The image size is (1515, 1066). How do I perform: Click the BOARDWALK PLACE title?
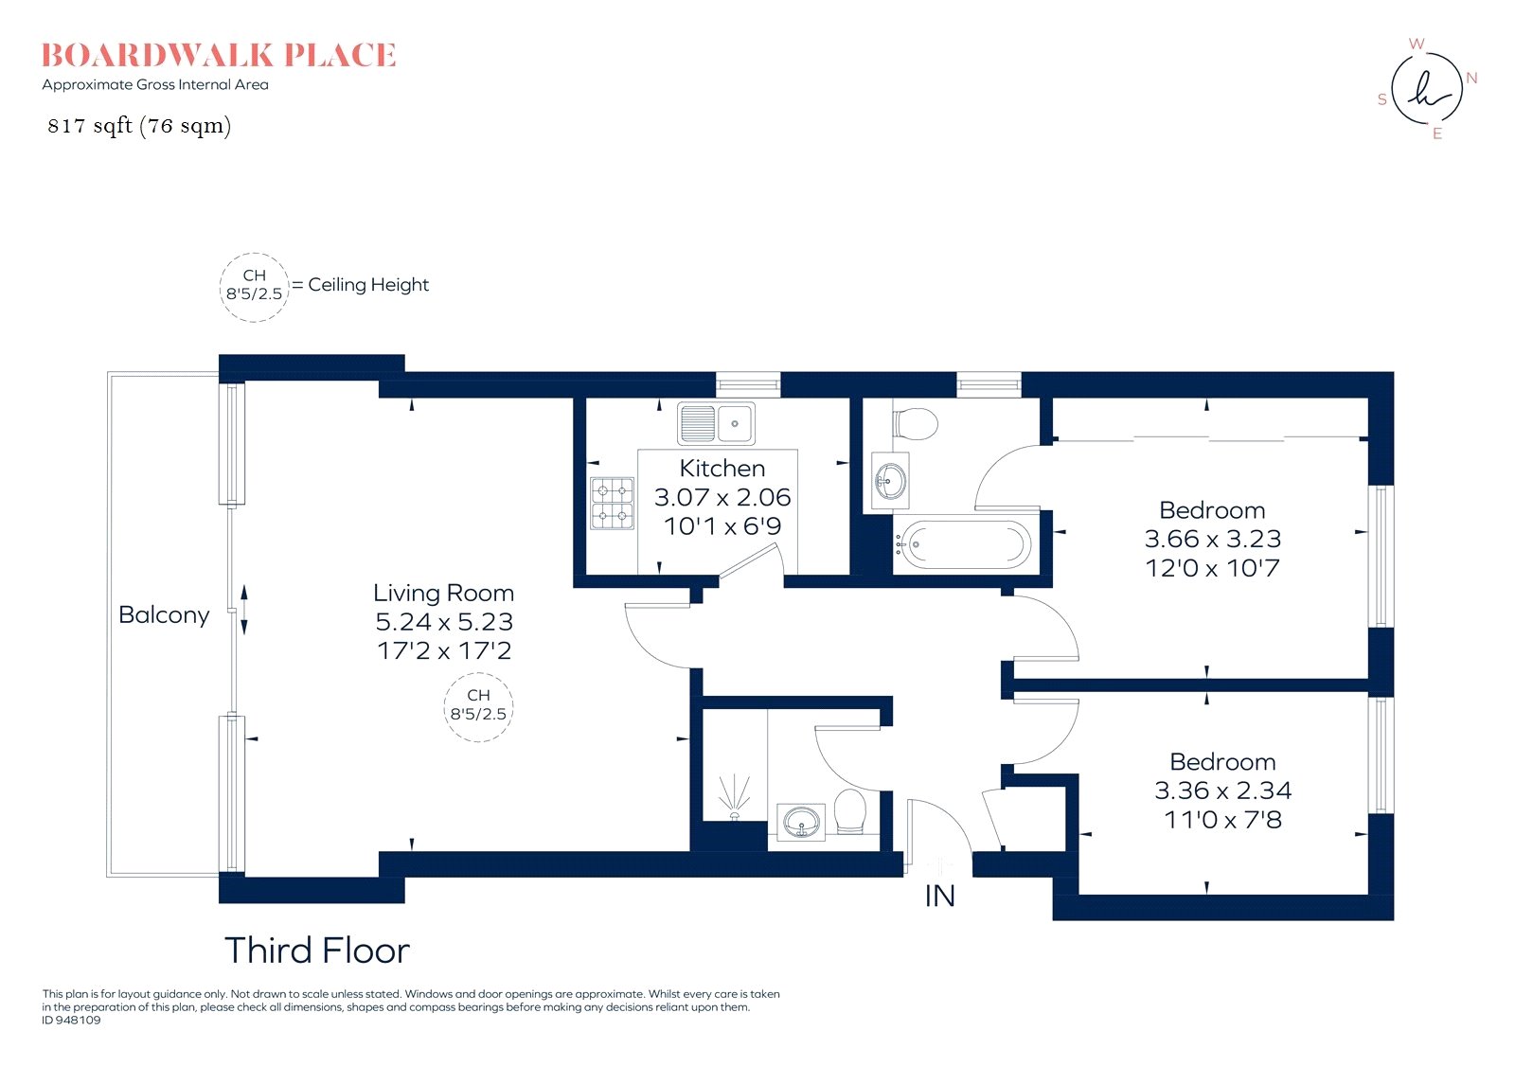click(219, 56)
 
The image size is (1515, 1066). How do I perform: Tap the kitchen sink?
click(716, 423)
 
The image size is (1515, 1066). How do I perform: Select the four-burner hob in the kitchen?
click(612, 504)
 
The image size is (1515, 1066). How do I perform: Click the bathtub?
click(962, 544)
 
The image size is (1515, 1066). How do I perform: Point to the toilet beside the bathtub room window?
click(915, 424)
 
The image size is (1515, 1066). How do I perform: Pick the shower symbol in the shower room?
click(734, 797)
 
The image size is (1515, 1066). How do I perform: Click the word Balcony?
click(164, 614)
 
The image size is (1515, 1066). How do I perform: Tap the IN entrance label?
click(939, 896)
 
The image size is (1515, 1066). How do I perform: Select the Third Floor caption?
click(316, 951)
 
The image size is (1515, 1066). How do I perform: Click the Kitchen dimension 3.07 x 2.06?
click(722, 497)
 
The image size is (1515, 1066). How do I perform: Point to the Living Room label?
click(444, 593)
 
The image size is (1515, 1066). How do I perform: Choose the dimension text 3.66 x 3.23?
click(1213, 539)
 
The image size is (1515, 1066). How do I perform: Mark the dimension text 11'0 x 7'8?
click(1222, 820)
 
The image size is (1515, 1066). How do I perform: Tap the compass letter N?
click(1471, 78)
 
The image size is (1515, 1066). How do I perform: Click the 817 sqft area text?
click(139, 126)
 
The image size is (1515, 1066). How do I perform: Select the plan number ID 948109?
click(71, 1020)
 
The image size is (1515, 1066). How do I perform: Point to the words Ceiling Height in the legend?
click(368, 285)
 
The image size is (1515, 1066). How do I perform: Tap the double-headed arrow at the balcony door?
click(244, 610)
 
